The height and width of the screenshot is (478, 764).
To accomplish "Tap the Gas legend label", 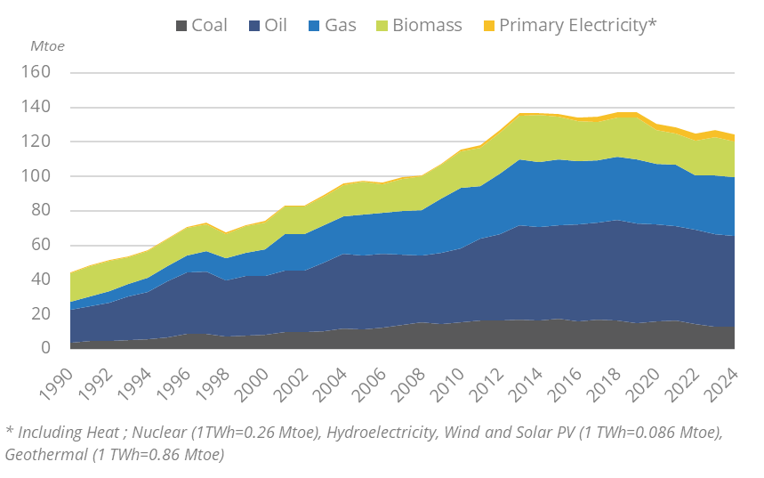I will click(341, 25).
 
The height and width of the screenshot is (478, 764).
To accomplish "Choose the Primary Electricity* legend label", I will click(577, 25).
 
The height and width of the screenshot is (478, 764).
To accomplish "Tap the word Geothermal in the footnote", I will click(40, 455).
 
